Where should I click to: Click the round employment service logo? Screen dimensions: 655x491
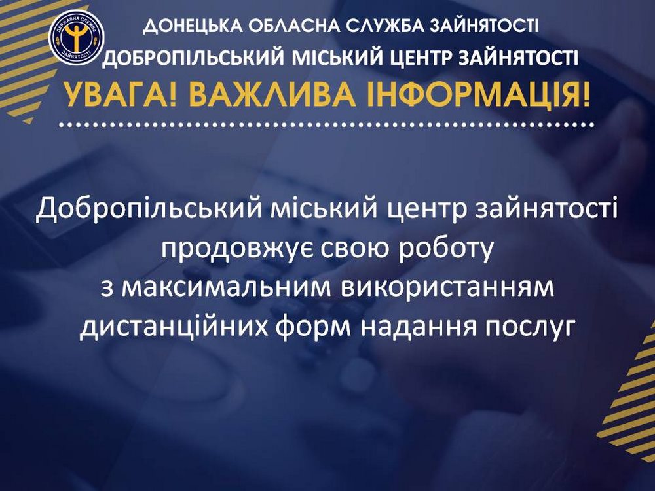(x=77, y=37)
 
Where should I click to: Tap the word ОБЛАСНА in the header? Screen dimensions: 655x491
(x=293, y=26)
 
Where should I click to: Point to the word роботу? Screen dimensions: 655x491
(x=445, y=249)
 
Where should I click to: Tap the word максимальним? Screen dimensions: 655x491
(x=217, y=288)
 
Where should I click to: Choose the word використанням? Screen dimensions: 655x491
(x=447, y=288)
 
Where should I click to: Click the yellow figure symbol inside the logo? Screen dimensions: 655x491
(x=77, y=36)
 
